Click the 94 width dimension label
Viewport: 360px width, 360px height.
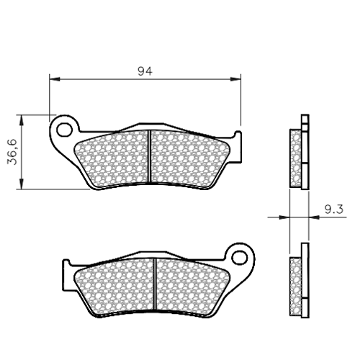[145, 71]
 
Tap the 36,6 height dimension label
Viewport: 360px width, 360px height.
[12, 152]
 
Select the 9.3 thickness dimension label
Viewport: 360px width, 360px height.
[334, 210]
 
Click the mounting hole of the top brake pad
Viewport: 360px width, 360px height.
[65, 130]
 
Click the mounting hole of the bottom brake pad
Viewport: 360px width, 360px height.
[239, 258]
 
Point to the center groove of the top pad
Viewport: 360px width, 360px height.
[149, 156]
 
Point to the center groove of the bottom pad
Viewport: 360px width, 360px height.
[155, 284]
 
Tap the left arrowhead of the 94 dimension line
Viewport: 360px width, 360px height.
[55, 79]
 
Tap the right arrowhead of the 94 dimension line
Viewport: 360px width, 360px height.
[235, 79]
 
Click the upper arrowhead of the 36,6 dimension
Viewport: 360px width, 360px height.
[22, 120]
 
